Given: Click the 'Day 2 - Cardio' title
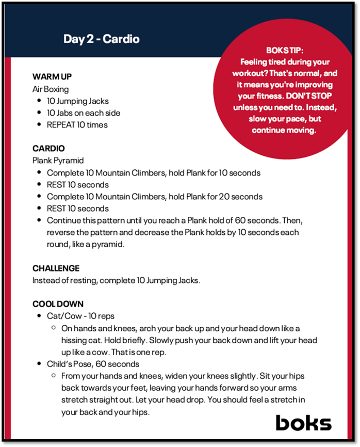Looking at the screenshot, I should (101, 39).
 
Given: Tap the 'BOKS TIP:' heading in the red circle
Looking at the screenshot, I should (285, 51).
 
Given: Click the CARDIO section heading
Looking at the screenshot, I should (48, 149).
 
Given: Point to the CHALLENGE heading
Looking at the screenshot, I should (56, 268).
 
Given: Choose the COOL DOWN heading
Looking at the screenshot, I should (58, 304).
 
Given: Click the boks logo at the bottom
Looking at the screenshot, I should (303, 423).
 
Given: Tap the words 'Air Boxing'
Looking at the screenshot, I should (50, 89).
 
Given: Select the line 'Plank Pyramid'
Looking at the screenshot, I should (58, 161).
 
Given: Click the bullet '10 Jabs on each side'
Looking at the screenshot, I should (84, 113).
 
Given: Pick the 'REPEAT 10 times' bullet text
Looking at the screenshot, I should (77, 125).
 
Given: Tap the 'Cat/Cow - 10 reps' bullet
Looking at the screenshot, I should (80, 316).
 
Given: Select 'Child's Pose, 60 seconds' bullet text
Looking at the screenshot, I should (93, 364).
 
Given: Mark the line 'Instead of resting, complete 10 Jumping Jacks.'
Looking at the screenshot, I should (116, 280).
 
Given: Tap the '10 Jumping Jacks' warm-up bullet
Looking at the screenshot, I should (78, 101).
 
